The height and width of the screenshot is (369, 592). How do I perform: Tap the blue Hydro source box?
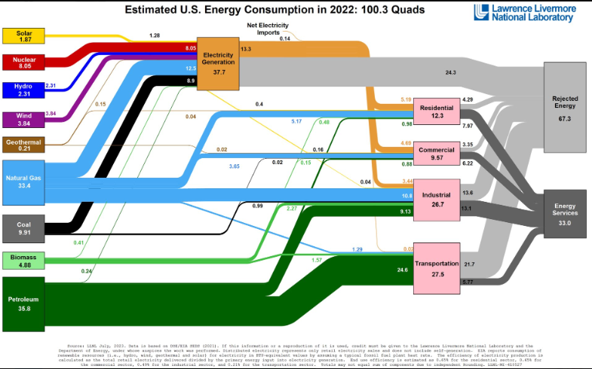coord(23,89)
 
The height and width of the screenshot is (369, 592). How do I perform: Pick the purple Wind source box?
coord(23,117)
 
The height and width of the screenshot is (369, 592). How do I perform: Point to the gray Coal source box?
coord(23,228)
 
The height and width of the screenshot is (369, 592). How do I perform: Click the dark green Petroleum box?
coord(23,303)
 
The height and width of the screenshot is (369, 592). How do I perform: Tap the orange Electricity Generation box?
coord(218,63)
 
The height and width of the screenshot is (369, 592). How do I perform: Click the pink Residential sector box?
coord(437,112)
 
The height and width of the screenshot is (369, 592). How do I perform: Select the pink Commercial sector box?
coord(437,154)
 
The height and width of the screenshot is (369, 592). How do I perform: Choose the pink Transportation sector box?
coord(437,268)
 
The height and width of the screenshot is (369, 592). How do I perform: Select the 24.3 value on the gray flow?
coord(451,72)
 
